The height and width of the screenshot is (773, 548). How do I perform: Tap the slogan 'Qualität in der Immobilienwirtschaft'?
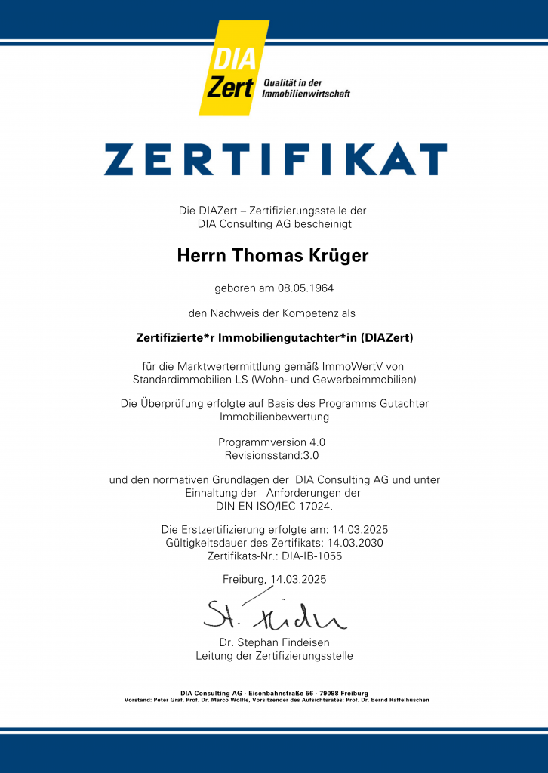click(x=305, y=88)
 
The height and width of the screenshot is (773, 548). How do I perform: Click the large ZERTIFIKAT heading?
click(x=275, y=159)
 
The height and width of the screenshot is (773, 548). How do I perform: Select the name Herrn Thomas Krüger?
click(x=272, y=256)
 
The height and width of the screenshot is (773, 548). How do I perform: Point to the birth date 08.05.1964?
click(x=304, y=288)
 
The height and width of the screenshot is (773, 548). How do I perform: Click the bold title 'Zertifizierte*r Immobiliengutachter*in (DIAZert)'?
click(x=274, y=338)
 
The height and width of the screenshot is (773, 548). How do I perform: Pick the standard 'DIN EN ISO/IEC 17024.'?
click(x=274, y=506)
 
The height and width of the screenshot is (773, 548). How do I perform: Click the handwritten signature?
click(x=274, y=614)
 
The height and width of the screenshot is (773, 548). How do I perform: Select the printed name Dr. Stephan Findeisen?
click(x=274, y=642)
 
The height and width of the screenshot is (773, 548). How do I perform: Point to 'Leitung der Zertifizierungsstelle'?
click(x=274, y=656)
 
